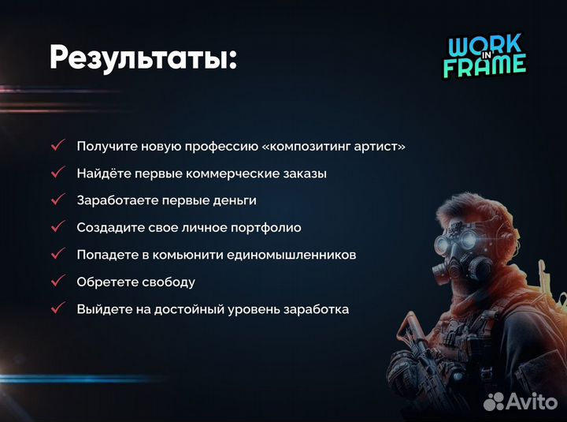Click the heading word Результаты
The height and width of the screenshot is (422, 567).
point(142,58)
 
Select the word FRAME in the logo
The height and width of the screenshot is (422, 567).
point(484,66)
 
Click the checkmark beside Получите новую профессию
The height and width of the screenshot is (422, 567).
point(57,147)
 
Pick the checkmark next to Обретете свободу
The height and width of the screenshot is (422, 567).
point(57,282)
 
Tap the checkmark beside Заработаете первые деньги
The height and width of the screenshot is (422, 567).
point(57,200)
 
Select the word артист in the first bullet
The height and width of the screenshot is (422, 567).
point(384,147)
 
